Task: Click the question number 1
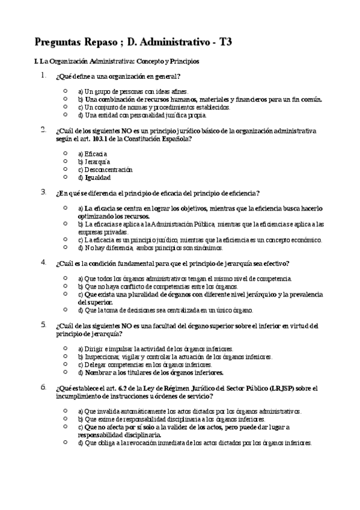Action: (43, 76)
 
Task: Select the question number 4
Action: (43, 262)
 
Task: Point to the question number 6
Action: (43, 387)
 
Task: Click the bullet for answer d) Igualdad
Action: (65, 177)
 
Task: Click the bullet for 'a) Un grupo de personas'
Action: (65, 91)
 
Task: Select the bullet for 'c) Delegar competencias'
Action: (65, 363)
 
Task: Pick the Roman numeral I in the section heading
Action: (37, 61)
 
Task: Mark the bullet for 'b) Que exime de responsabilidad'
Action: (65, 419)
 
